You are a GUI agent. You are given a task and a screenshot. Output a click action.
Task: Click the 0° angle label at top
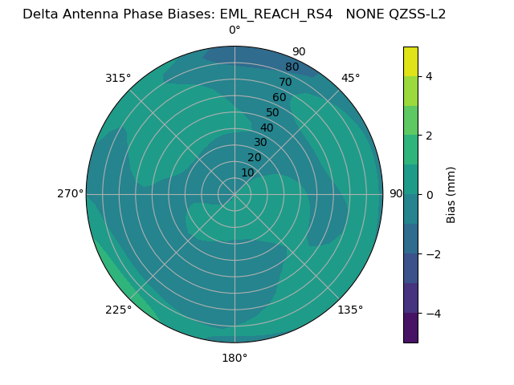coord(235,30)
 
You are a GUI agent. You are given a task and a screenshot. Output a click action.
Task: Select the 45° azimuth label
coord(350,78)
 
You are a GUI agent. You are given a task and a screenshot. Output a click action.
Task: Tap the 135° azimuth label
coord(350,310)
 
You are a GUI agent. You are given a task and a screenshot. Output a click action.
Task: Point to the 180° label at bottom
coord(235,358)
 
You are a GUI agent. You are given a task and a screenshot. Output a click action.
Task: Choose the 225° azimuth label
coord(118,310)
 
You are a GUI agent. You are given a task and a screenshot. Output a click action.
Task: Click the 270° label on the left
coord(70,193)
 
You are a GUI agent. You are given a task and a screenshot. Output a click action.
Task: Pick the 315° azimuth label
coord(118,78)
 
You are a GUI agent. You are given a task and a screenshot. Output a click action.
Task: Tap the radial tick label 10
coord(247,172)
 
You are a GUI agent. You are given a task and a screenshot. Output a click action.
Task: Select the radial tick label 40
coord(267,128)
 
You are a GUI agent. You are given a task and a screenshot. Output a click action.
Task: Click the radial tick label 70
coord(285,82)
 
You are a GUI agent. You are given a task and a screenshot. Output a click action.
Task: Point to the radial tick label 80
coord(292,67)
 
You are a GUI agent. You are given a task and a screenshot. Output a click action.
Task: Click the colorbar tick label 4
coord(429,76)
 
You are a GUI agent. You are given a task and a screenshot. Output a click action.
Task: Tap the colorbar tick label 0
coord(429,194)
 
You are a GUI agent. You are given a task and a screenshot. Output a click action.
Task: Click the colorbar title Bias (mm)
coord(451,194)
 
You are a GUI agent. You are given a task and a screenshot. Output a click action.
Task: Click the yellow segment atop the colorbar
coord(410,61)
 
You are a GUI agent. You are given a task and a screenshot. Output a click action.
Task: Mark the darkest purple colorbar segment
coord(410,327)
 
